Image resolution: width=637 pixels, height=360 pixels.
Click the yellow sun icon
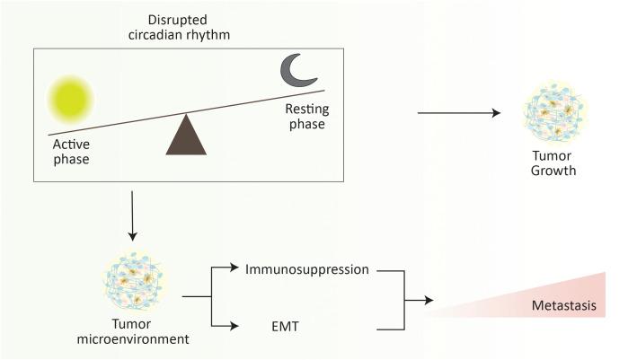coord(70,97)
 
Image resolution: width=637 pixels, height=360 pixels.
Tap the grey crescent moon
coord(296,69)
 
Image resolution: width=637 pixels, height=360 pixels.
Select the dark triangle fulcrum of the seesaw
coord(187,135)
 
